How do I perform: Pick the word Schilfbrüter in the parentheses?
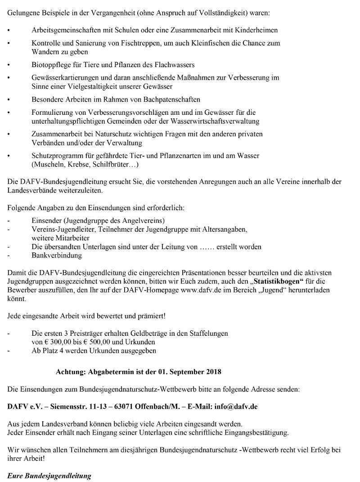point(111,165)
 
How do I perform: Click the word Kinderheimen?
point(256,31)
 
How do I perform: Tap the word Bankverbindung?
point(57,255)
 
